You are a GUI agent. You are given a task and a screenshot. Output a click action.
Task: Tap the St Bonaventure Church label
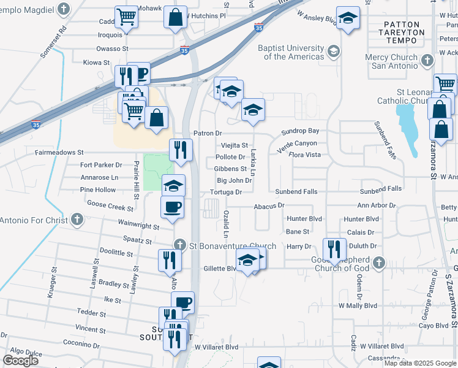pyautogui.click(x=233, y=246)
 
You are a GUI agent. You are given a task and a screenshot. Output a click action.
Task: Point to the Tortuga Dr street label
pyautogui.click(x=227, y=192)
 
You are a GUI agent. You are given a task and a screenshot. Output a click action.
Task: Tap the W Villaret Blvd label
pyautogui.click(x=216, y=347)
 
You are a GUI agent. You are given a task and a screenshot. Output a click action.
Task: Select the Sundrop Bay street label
pyautogui.click(x=300, y=131)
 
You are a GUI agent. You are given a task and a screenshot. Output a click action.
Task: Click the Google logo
pyautogui.click(x=20, y=360)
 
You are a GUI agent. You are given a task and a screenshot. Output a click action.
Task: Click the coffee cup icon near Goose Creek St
pyautogui.click(x=171, y=206)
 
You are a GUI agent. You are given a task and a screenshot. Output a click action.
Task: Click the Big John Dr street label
pyautogui.click(x=235, y=180)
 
